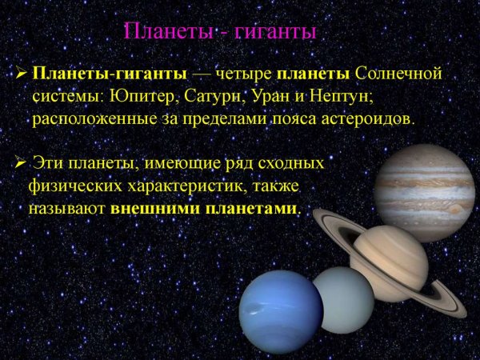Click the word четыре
(x=242, y=74)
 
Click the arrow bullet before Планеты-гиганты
(x=22, y=75)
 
